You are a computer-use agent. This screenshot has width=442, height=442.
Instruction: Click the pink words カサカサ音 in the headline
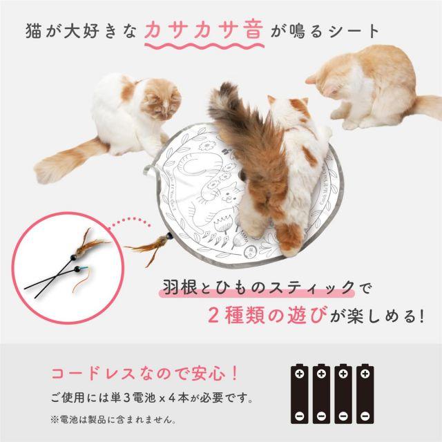coord(204,30)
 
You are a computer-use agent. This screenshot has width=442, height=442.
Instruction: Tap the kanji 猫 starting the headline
coord(34,30)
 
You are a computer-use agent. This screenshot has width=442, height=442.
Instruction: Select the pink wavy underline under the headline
coord(204,46)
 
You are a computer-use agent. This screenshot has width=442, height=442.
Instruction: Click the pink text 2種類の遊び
coord(268,315)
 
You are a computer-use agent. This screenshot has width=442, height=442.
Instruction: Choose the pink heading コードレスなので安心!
coord(144,374)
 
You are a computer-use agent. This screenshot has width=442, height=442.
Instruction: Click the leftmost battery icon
coord(299,394)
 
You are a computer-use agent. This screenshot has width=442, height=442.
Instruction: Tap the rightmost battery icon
coord(365,394)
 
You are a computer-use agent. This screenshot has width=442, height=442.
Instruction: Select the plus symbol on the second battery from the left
coord(321,374)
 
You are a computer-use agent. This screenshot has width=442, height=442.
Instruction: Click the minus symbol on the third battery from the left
coord(343,416)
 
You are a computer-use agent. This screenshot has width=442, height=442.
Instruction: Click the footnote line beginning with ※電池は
coord(113,420)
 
